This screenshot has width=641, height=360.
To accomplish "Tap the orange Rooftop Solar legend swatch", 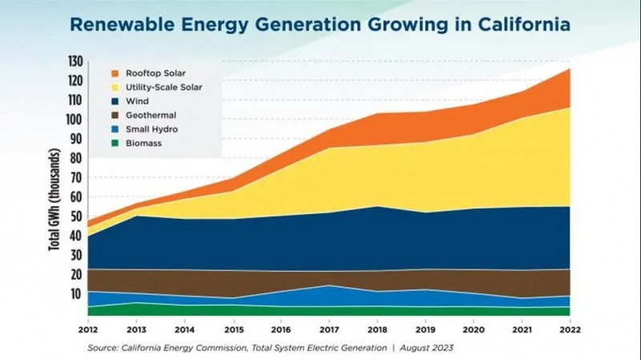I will pos(115,73).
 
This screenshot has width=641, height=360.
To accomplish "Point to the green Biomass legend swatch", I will pos(115,144).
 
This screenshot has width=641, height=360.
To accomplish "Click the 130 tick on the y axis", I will pos(75,62).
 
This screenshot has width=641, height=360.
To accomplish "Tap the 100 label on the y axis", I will pos(75,119).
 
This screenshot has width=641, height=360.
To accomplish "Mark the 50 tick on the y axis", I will pos(77,216).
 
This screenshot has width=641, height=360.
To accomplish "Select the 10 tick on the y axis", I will pos(77,294).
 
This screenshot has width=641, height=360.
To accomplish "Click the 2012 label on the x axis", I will pos(88,329).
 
